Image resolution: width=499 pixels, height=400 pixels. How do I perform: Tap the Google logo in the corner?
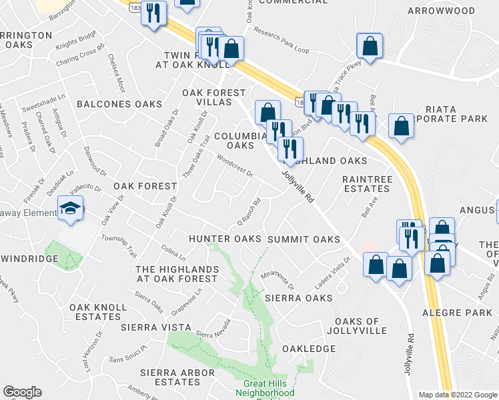pos(22,392)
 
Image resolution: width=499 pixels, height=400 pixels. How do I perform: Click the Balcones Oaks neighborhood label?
pos(119,104)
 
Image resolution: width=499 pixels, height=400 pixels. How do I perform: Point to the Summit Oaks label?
pos(304,239)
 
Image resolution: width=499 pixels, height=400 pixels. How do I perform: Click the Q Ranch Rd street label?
pos(249,213)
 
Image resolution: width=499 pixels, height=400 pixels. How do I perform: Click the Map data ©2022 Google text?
pos(458,395)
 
